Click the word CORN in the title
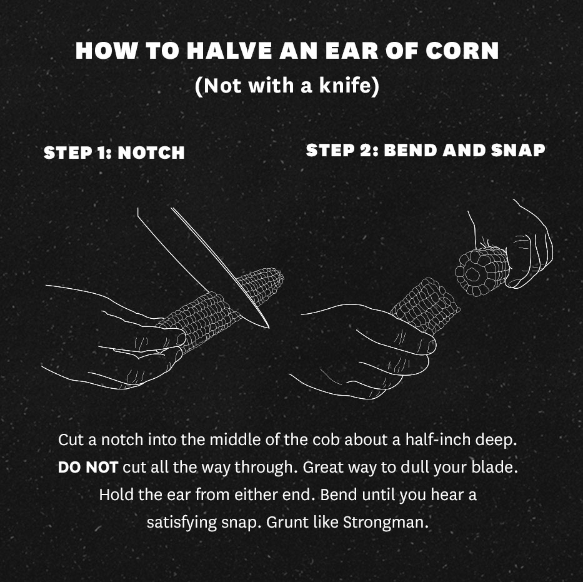tap(462, 51)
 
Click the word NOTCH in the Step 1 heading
tap(151, 153)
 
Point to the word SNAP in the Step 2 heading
tap(518, 150)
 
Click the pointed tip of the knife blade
tap(268, 328)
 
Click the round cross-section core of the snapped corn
tap(472, 274)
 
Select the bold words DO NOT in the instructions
tap(88, 467)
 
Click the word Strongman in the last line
tap(386, 522)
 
